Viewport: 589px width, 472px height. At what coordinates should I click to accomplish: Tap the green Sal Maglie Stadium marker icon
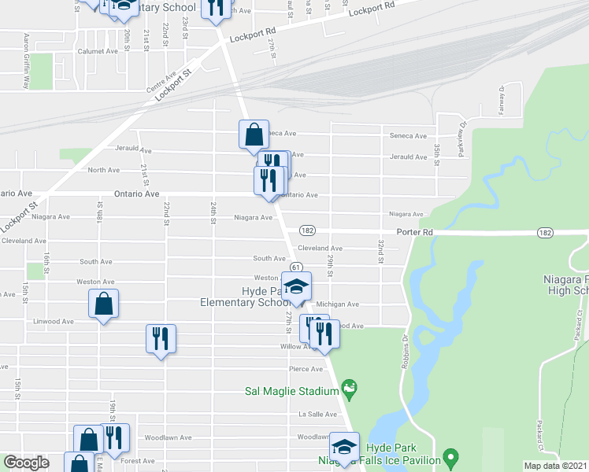coord(349,387)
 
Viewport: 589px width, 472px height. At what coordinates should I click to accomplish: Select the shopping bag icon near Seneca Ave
coord(254,135)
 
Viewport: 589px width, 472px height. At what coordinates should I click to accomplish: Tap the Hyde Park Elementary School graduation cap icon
coord(297,287)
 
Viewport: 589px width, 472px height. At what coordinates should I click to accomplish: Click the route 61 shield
coord(297,269)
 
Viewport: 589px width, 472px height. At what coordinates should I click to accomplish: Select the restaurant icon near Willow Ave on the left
coord(161,339)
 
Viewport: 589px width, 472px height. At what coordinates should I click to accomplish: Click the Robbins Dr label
coord(405,344)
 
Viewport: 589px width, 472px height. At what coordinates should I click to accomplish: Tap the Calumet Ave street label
coord(98,50)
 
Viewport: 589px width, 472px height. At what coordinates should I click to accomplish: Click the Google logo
coord(26,463)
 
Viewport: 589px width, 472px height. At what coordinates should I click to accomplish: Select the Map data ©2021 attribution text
coord(555,466)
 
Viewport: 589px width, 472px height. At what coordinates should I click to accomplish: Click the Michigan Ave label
coord(337,304)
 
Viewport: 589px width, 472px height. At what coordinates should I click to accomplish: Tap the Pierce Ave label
coord(306,369)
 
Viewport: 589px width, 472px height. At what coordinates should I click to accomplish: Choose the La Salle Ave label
coord(312,414)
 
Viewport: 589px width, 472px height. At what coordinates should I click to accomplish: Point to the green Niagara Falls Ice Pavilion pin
coord(450,456)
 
